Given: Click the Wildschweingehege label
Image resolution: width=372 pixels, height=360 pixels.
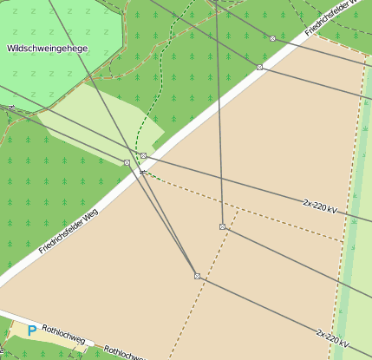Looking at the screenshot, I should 46,49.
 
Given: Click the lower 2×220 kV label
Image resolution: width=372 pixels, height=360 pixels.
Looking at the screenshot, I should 333,337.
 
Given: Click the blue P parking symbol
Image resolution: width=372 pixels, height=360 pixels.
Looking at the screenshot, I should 32,331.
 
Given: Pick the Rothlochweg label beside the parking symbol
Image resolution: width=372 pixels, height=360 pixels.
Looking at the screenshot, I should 63,334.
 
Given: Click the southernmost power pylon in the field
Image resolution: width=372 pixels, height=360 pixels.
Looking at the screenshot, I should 198,276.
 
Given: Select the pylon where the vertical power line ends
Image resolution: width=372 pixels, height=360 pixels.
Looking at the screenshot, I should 223,226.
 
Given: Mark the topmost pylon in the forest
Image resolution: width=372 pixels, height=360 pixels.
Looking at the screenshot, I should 272,39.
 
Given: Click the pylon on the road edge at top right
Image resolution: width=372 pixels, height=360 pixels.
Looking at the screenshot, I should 259,67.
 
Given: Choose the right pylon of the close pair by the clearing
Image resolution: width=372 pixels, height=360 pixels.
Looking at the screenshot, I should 144,155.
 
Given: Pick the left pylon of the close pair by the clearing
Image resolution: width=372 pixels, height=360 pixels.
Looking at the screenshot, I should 127,162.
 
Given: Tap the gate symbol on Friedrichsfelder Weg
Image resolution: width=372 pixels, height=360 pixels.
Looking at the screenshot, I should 143,171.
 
